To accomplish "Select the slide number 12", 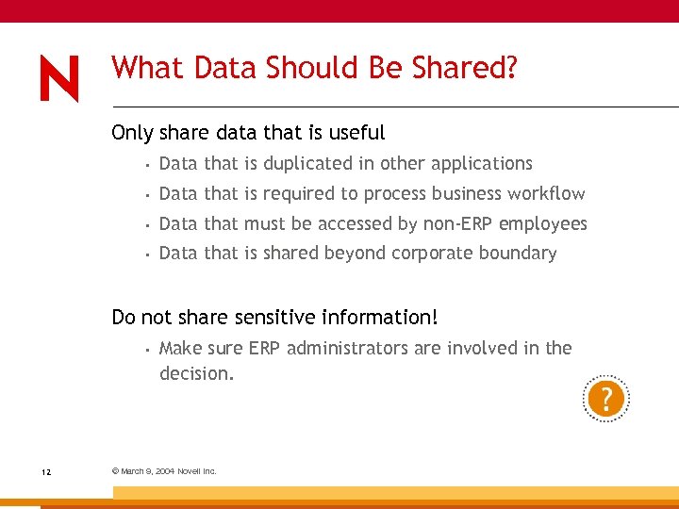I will tap(46, 470).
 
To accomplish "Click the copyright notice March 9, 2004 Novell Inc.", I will tap(164, 470).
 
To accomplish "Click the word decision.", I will tap(196, 374).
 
